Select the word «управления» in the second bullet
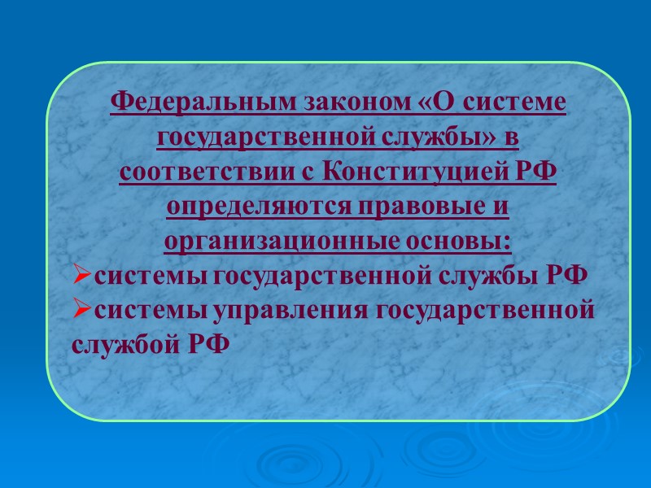(x=277, y=311)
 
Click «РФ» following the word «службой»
(x=209, y=344)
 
